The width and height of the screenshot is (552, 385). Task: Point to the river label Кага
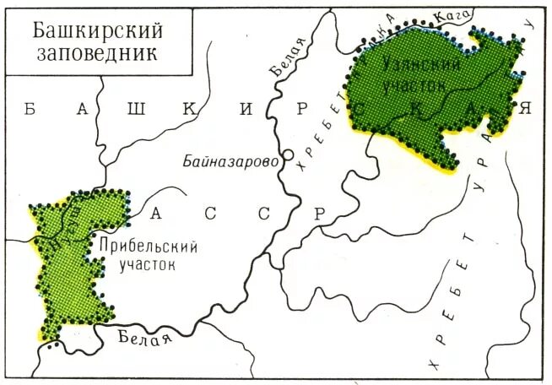(x=451, y=14)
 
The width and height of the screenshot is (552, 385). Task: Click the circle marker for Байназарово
(x=288, y=156)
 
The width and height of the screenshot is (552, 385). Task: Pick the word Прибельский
(x=148, y=247)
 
